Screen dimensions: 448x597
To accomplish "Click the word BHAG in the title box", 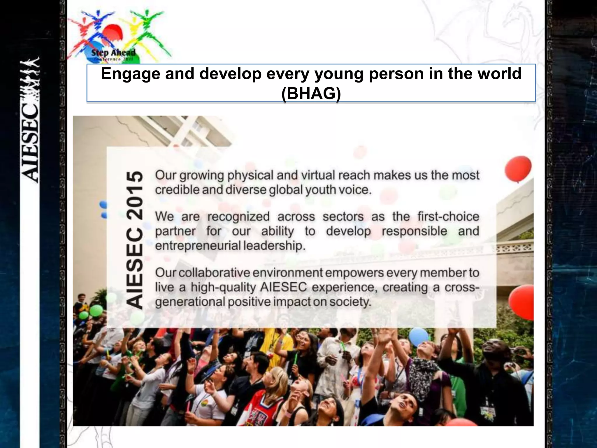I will (311, 94).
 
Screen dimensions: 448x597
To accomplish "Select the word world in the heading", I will (499, 73).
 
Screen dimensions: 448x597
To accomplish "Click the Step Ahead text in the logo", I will (113, 53).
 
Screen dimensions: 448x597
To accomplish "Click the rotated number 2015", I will (135, 195).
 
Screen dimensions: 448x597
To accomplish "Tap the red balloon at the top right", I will (518, 169).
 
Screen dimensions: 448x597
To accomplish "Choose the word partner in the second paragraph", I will (175, 231).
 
